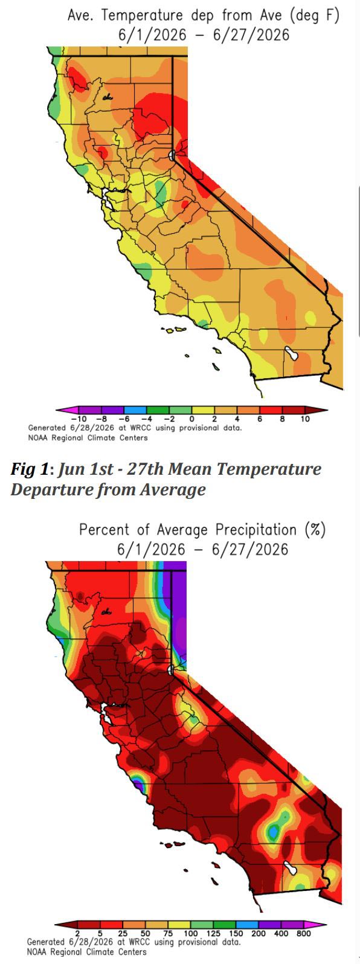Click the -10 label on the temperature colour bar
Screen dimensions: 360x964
click(79, 419)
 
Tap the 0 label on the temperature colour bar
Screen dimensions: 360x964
click(191, 419)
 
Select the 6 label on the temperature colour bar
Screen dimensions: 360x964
click(260, 419)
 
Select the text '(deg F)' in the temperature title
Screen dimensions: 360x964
click(314, 16)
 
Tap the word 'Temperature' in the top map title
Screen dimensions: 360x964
click(142, 16)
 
